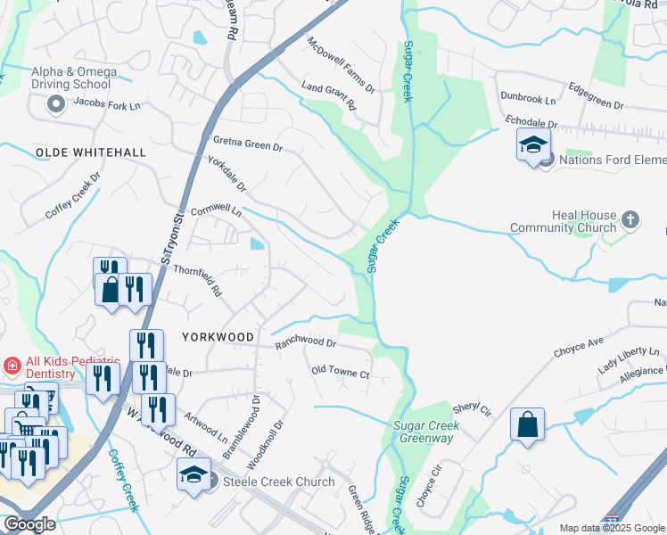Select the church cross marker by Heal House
(630, 219)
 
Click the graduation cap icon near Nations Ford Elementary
(533, 144)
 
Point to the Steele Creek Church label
(278, 482)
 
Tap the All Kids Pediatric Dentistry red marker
(12, 365)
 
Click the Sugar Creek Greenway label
(426, 432)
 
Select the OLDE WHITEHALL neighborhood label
(90, 153)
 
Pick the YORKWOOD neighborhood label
(218, 337)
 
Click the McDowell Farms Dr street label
(342, 66)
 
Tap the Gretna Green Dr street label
(248, 143)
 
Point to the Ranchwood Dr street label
(305, 342)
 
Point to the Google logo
(29, 524)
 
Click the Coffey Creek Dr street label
(73, 197)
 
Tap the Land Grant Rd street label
(329, 92)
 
